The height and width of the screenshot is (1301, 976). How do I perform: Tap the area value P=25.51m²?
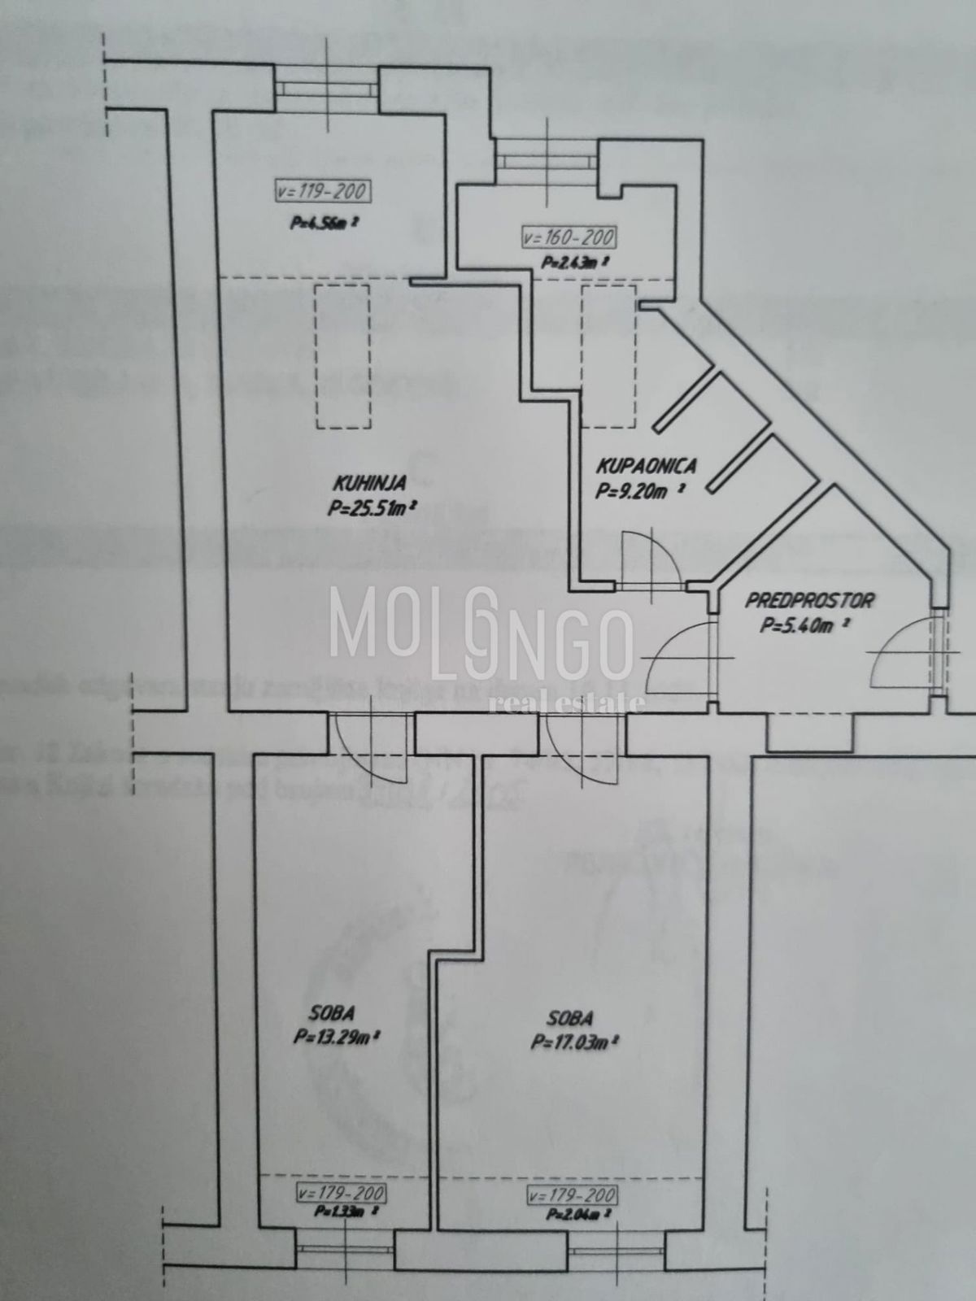point(373,509)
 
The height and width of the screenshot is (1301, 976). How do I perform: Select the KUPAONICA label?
point(647,467)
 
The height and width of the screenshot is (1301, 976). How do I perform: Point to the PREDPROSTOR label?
point(809,601)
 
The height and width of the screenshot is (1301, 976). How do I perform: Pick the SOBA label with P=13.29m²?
point(331,1013)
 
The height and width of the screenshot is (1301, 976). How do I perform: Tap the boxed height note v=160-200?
point(569,238)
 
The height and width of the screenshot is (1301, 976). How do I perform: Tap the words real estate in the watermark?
point(567,702)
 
